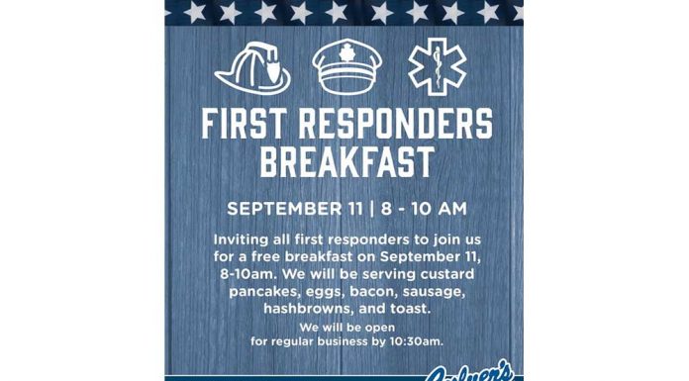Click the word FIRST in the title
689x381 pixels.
246,125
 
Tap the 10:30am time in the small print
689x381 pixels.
414,341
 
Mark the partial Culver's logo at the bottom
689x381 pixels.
471,374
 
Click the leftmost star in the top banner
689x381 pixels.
194,12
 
